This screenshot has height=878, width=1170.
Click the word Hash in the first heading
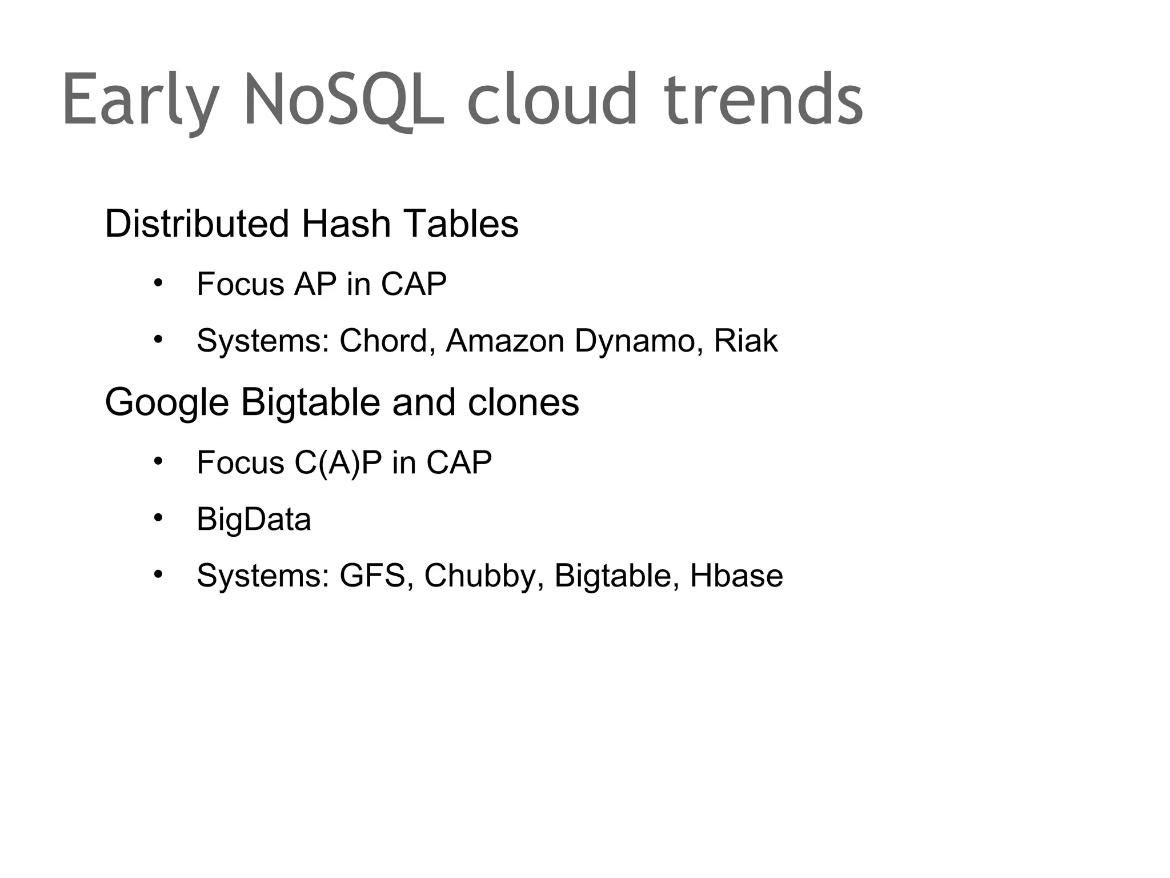pyautogui.click(x=346, y=224)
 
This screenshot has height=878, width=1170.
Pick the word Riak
pyautogui.click(x=746, y=341)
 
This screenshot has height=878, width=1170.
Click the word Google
pyautogui.click(x=167, y=403)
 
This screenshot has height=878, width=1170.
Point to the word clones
pyautogui.click(x=523, y=402)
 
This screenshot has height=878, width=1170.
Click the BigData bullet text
pyautogui.click(x=254, y=519)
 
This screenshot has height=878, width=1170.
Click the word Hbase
pyautogui.click(x=736, y=576)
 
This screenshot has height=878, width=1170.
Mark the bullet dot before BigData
pyautogui.click(x=158, y=518)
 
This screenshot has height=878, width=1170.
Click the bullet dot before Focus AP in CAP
pyautogui.click(x=158, y=282)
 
